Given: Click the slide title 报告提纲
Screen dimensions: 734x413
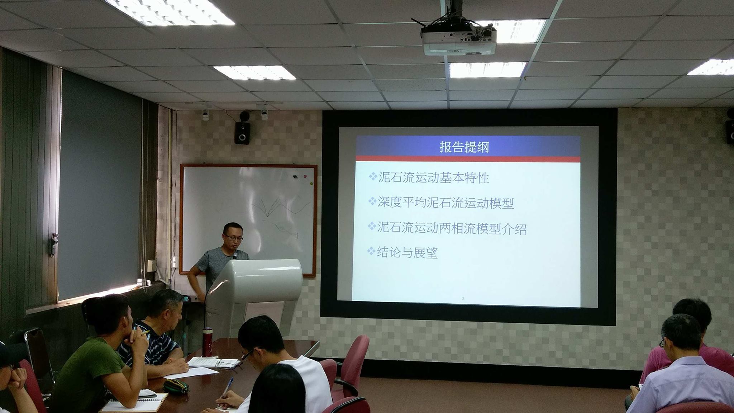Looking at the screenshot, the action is point(464,147).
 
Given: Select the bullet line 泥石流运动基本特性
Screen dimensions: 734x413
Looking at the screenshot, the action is point(429,177).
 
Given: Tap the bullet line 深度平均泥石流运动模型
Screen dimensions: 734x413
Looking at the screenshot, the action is point(441,203).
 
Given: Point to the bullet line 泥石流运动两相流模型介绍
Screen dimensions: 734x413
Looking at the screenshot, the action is point(447,228).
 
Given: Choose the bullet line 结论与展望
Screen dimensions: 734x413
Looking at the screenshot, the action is point(403,252).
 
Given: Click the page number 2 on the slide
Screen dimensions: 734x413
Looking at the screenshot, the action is point(463,298).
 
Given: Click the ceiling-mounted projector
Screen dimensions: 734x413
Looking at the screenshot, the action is point(458,38).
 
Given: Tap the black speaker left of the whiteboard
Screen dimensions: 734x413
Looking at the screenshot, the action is point(242,133).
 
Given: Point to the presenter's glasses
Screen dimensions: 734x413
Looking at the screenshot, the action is point(234,237).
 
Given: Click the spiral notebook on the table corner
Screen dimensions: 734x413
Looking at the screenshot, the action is point(135,402).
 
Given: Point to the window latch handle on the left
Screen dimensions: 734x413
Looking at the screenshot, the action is point(53,245).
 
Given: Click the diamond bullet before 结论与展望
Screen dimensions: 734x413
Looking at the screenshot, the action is point(372,251).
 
